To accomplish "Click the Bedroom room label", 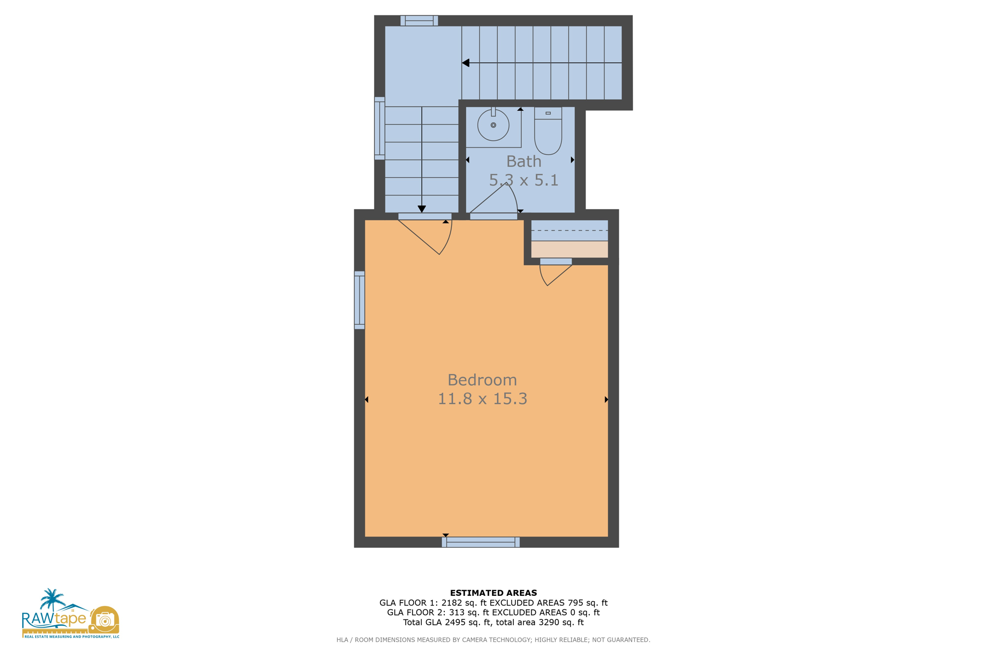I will (x=482, y=380).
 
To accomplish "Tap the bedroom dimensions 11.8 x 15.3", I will (x=482, y=399).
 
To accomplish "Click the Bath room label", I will (x=523, y=161).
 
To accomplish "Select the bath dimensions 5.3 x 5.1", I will (x=523, y=180).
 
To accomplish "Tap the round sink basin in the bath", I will (x=493, y=125).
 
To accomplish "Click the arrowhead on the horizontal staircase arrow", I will (x=466, y=63).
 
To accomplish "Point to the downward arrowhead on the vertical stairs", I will (x=422, y=209).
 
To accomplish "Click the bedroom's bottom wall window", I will (x=480, y=542).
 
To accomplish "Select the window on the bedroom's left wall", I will (x=360, y=300).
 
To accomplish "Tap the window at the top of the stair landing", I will (x=419, y=20).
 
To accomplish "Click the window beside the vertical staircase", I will (x=380, y=128).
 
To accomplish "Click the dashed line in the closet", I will (x=569, y=231).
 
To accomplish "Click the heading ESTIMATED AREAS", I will (x=493, y=593).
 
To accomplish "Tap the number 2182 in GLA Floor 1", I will (x=459, y=603).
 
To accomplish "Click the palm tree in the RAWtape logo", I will (x=52, y=599).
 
